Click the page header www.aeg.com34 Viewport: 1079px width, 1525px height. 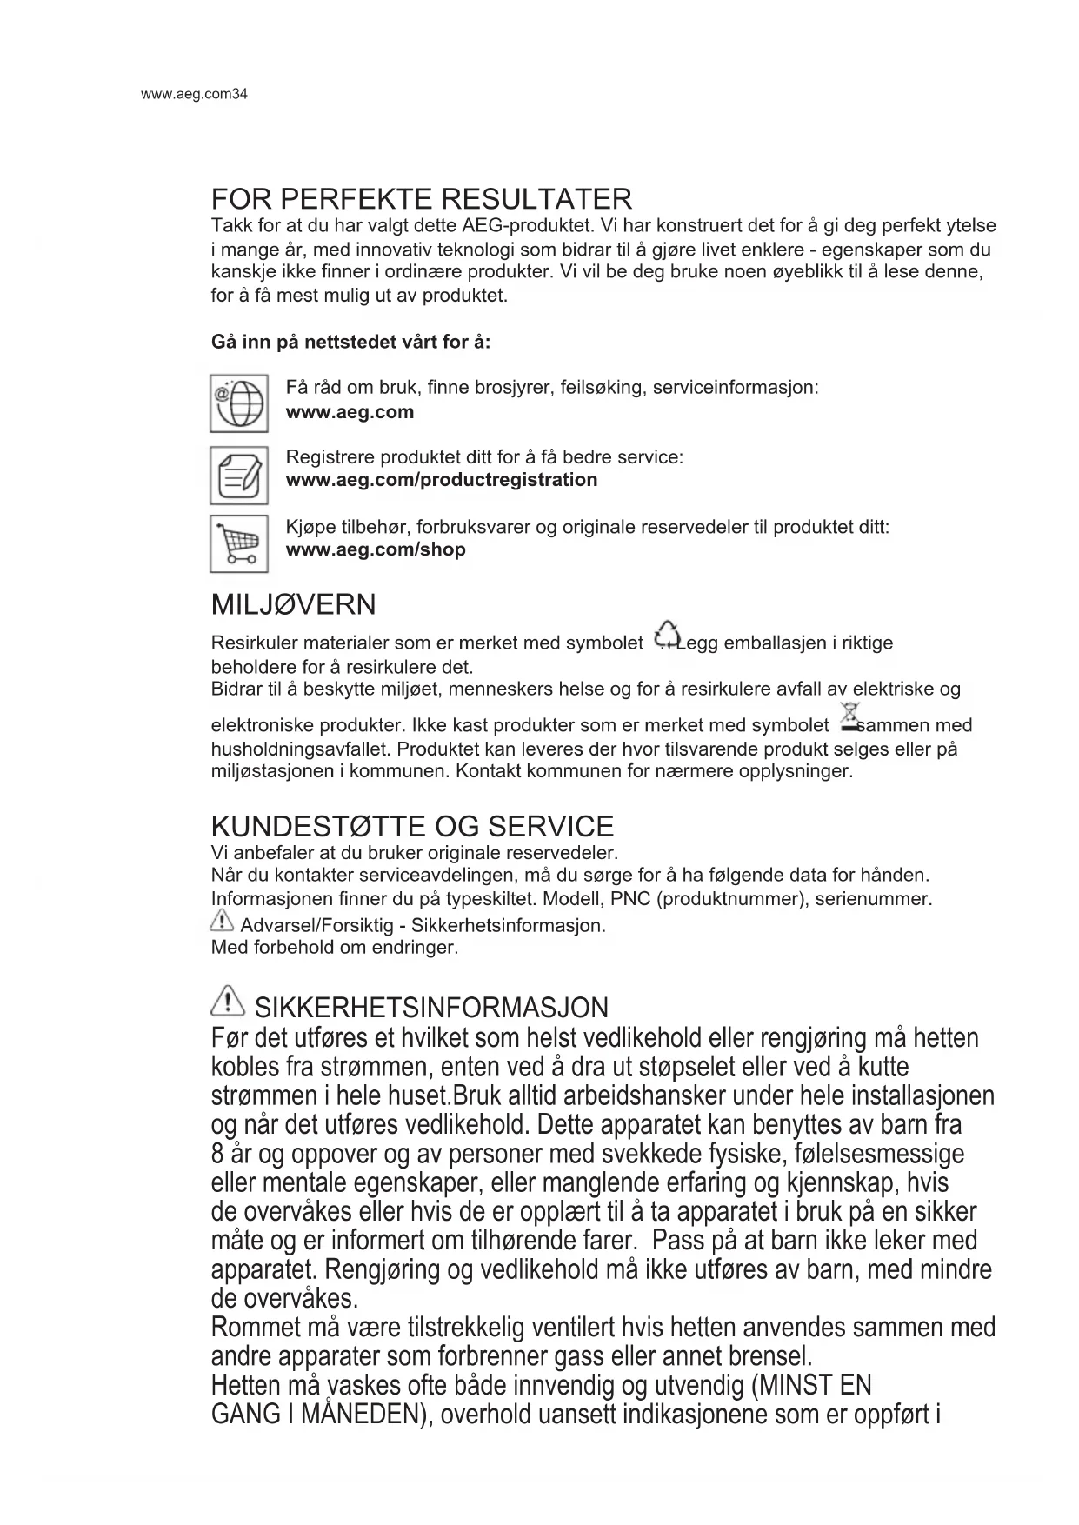(x=194, y=94)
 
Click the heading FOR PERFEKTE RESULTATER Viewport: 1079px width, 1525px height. (x=421, y=199)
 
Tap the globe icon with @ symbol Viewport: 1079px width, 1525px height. (x=238, y=403)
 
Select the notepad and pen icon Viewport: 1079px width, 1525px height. (x=238, y=475)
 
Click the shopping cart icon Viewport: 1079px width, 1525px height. (x=238, y=544)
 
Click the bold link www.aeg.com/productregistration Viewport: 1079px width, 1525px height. (x=441, y=480)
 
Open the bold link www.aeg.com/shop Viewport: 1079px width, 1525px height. (x=376, y=549)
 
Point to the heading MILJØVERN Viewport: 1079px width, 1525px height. (x=293, y=604)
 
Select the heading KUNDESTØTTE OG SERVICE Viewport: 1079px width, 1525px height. (x=412, y=826)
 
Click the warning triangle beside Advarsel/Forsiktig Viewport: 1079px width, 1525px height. (x=223, y=921)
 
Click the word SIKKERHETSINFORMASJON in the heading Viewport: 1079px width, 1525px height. (x=431, y=1008)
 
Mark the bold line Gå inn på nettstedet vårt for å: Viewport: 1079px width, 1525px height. (x=350, y=342)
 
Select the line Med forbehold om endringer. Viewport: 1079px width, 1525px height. (x=334, y=947)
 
